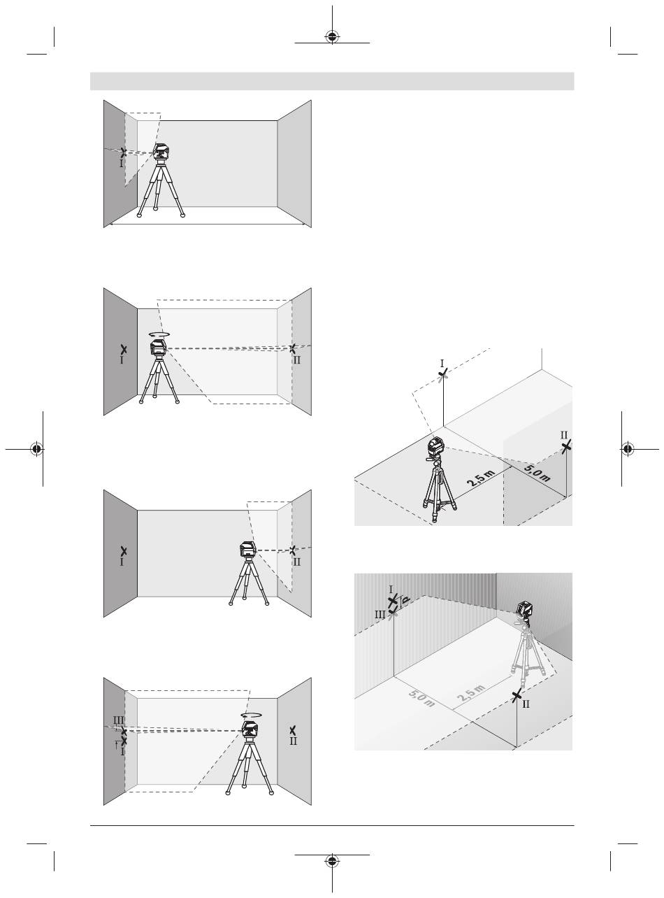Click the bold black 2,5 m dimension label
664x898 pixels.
481,478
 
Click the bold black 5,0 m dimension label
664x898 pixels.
537,473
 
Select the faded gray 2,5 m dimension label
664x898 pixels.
471,693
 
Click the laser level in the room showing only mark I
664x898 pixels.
161,152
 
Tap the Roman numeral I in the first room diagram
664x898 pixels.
121,163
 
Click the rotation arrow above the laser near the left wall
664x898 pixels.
159,334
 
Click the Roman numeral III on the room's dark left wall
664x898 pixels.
119,720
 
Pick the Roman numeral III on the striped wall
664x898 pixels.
380,615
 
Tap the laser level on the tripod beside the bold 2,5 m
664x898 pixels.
435,447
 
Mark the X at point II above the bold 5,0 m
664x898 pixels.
566,447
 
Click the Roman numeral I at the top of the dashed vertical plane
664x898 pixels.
442,363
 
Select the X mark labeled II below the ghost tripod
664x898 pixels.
516,697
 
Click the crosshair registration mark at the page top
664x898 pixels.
332,37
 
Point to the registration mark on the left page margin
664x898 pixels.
37,448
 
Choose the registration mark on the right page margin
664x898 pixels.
627,448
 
